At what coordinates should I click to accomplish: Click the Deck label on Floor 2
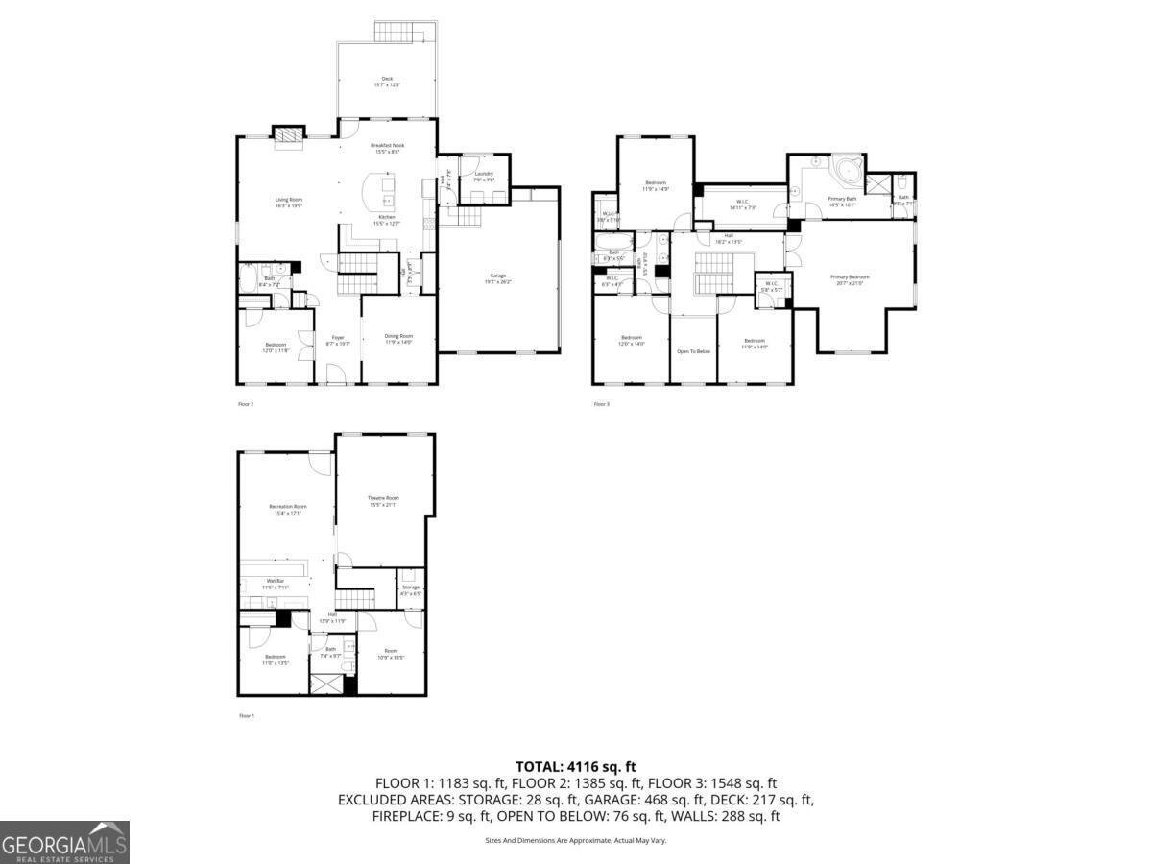[x=386, y=82]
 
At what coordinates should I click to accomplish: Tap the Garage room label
[x=498, y=278]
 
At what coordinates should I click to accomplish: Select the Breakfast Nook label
[x=387, y=148]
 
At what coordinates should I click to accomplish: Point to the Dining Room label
[x=398, y=339]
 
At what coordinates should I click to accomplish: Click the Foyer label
[x=338, y=340]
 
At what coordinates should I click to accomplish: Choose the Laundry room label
[x=484, y=177]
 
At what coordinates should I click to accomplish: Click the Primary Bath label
[x=842, y=201]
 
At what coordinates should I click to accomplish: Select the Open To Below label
[x=693, y=351]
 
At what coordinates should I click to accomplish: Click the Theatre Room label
[x=383, y=500]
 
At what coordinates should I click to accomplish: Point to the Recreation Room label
[x=287, y=509]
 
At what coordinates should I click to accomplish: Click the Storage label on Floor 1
[x=411, y=589]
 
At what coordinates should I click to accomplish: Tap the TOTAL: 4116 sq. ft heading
[x=576, y=766]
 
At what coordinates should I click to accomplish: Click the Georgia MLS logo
[x=64, y=842]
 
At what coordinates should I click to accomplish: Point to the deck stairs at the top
[x=397, y=32]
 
